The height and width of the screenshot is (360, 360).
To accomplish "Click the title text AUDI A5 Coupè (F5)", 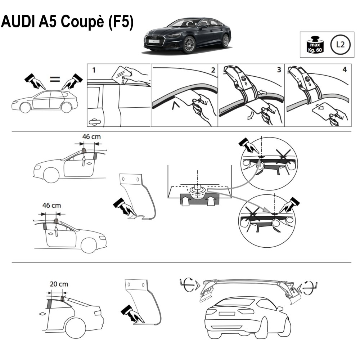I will [67, 23].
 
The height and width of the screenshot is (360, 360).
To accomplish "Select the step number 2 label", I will [213, 70].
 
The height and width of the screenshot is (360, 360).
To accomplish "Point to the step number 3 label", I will [279, 70].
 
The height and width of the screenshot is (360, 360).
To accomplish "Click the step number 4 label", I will [345, 70].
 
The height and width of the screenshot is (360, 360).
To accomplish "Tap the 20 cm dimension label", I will [59, 284].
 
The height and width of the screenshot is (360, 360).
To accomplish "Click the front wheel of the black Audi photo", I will [189, 45].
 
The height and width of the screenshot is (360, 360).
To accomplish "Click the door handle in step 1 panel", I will [95, 122].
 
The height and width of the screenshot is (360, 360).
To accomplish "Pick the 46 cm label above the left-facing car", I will [91, 137].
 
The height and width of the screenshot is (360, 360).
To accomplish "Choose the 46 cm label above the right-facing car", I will [51, 206].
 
